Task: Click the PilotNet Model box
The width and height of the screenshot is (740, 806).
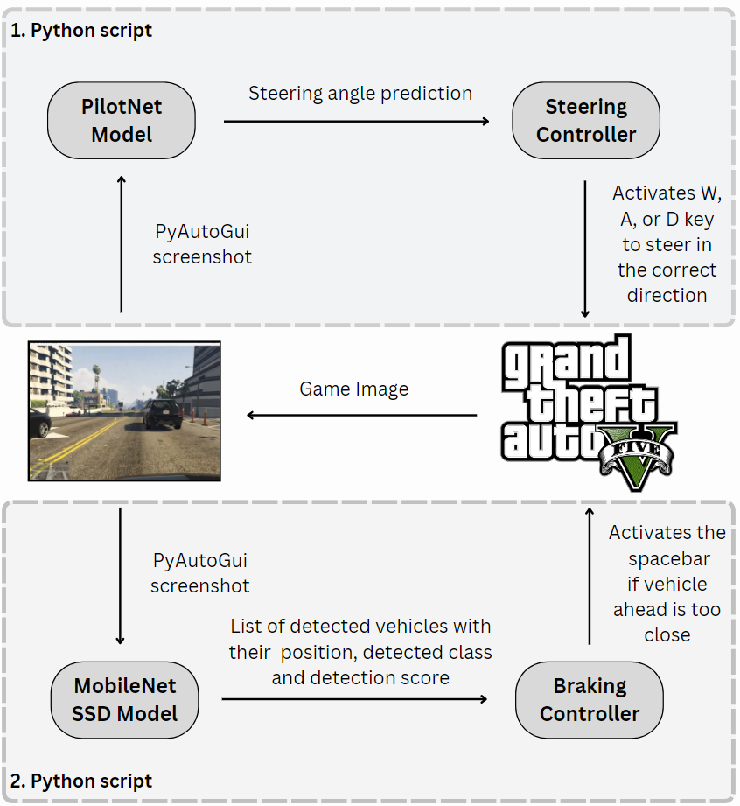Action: point(122,121)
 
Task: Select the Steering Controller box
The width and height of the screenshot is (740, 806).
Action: point(586,121)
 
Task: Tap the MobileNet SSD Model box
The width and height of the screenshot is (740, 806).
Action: point(124,699)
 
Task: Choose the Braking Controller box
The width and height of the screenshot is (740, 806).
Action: point(590,699)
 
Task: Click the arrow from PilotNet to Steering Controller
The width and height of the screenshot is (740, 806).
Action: point(356,121)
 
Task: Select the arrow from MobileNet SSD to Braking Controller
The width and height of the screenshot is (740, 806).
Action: point(354,699)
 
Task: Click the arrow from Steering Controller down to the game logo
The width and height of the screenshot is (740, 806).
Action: point(585,249)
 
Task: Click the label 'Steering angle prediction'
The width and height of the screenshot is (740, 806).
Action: point(360,93)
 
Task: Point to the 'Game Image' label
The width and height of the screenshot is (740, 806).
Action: point(353,389)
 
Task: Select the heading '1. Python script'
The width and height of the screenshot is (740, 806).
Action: point(81,31)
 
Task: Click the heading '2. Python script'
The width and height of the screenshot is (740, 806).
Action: point(81,781)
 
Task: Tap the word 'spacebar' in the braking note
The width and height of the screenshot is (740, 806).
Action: point(668,558)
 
